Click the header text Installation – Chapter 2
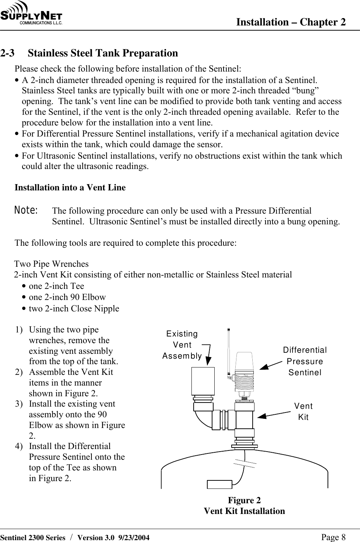[x=291, y=22]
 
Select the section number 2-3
[x=8, y=53]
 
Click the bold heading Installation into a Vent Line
[x=70, y=187]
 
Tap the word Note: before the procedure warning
[x=26, y=211]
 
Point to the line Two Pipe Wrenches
[x=52, y=264]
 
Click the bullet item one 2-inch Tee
[x=56, y=286]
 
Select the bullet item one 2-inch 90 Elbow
[x=67, y=297]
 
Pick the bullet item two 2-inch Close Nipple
[x=74, y=309]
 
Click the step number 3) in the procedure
[x=20, y=404]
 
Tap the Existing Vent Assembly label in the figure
[x=182, y=345]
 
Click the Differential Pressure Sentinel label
[x=305, y=361]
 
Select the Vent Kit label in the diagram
[x=303, y=412]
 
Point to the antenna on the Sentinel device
[x=229, y=351]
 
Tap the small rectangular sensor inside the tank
[x=219, y=484]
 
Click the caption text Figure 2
[x=244, y=500]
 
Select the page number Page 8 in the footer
[x=333, y=537]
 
